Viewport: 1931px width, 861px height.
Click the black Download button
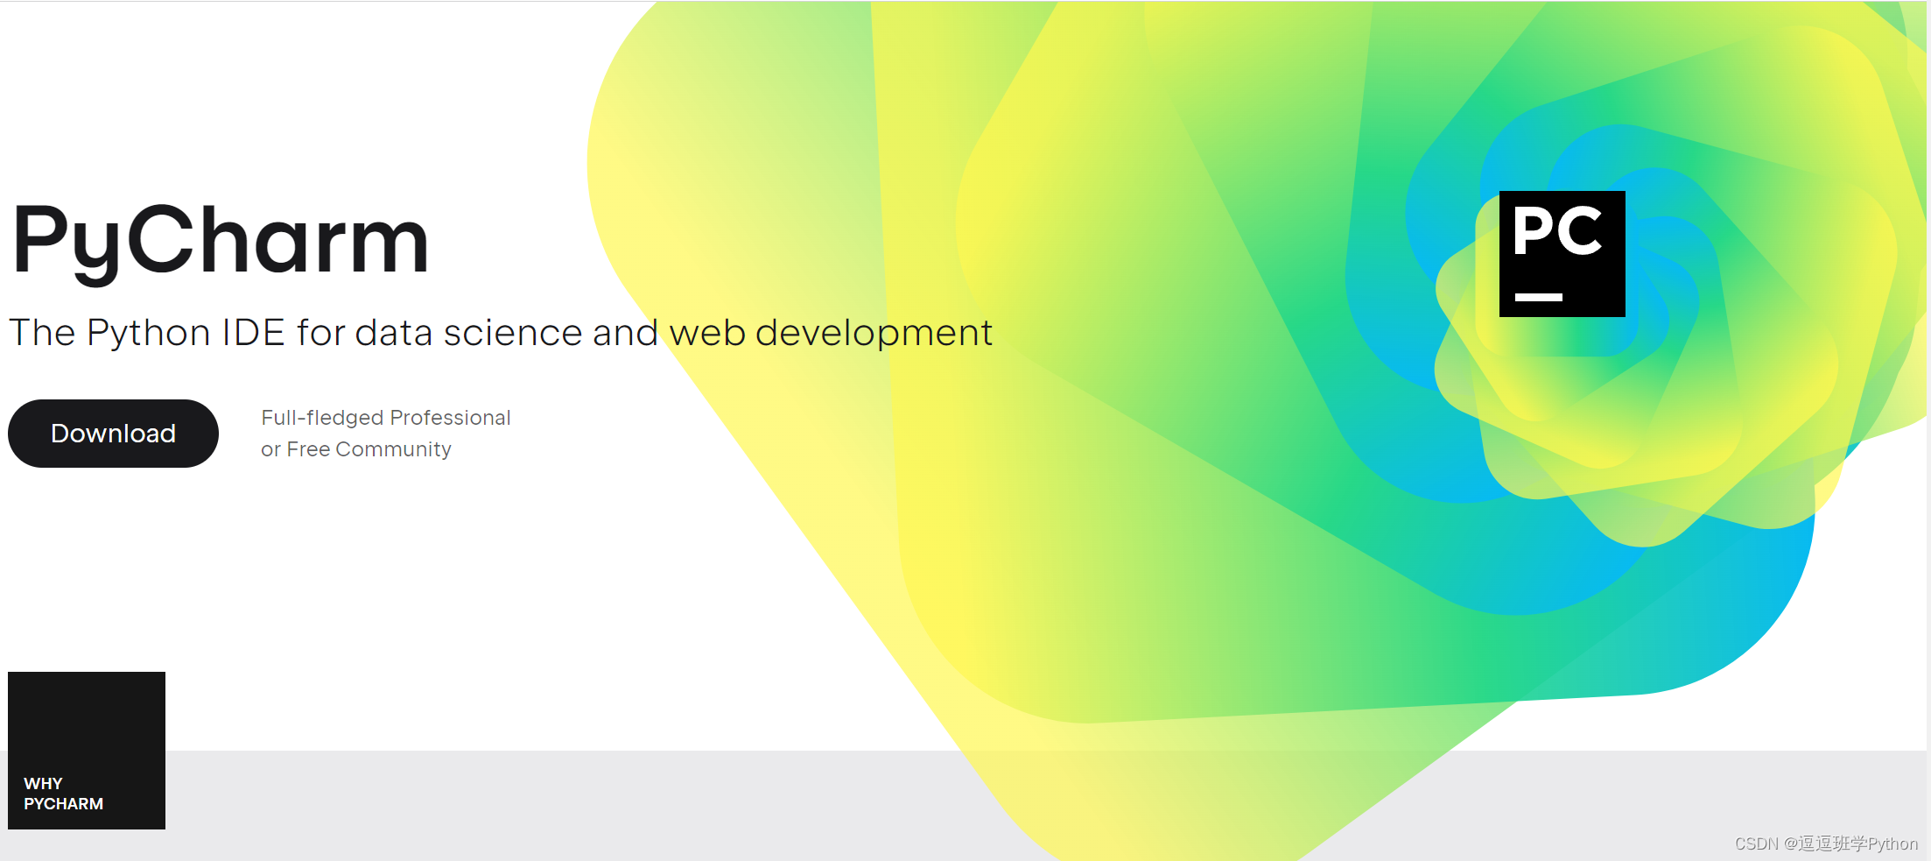click(x=113, y=434)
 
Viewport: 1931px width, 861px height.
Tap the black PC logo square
click(x=1562, y=254)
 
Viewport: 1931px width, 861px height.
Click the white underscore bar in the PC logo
click(x=1539, y=297)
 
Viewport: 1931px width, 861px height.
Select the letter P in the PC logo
click(x=1532, y=231)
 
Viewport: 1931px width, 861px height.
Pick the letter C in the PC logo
click(x=1579, y=231)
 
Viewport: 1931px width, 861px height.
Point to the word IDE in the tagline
click(x=253, y=333)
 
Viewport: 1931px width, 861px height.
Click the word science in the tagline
click(x=513, y=333)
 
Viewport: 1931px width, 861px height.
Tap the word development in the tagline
click(x=874, y=334)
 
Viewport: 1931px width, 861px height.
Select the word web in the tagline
click(x=707, y=333)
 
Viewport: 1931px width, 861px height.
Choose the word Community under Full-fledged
click(x=393, y=450)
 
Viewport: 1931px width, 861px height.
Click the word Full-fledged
click(x=323, y=418)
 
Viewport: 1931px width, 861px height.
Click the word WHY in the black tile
click(x=43, y=783)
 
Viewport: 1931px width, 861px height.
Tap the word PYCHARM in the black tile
click(x=63, y=803)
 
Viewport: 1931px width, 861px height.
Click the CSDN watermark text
click(x=1826, y=843)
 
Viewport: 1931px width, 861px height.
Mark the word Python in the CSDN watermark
click(x=1892, y=844)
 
